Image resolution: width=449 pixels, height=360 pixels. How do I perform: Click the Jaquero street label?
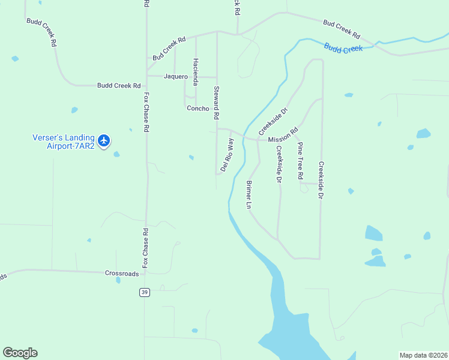(x=176, y=77)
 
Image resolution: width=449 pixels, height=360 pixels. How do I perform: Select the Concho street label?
(x=197, y=109)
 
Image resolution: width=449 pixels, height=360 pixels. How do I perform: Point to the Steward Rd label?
(x=217, y=102)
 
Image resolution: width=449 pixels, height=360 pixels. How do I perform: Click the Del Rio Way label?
(x=227, y=155)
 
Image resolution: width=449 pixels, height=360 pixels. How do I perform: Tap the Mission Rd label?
(x=283, y=136)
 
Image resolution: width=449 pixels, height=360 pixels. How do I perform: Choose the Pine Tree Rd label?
(x=300, y=161)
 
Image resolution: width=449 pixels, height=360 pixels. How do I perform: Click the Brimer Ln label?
(x=249, y=194)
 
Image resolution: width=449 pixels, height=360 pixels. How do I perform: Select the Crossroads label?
(x=122, y=273)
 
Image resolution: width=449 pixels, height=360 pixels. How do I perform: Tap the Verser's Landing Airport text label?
(x=63, y=141)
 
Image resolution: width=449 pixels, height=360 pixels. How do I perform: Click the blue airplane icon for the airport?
(x=104, y=140)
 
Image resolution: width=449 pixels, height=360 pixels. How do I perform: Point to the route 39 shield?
(x=144, y=292)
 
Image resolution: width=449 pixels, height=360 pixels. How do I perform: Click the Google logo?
(x=20, y=353)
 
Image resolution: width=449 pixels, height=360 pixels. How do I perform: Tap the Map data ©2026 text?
(x=423, y=355)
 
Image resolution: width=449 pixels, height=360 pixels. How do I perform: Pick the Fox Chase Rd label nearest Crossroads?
(x=145, y=248)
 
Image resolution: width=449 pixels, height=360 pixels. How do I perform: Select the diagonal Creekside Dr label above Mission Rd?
(x=274, y=121)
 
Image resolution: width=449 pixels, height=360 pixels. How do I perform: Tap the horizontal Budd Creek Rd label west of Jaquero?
(x=119, y=86)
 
